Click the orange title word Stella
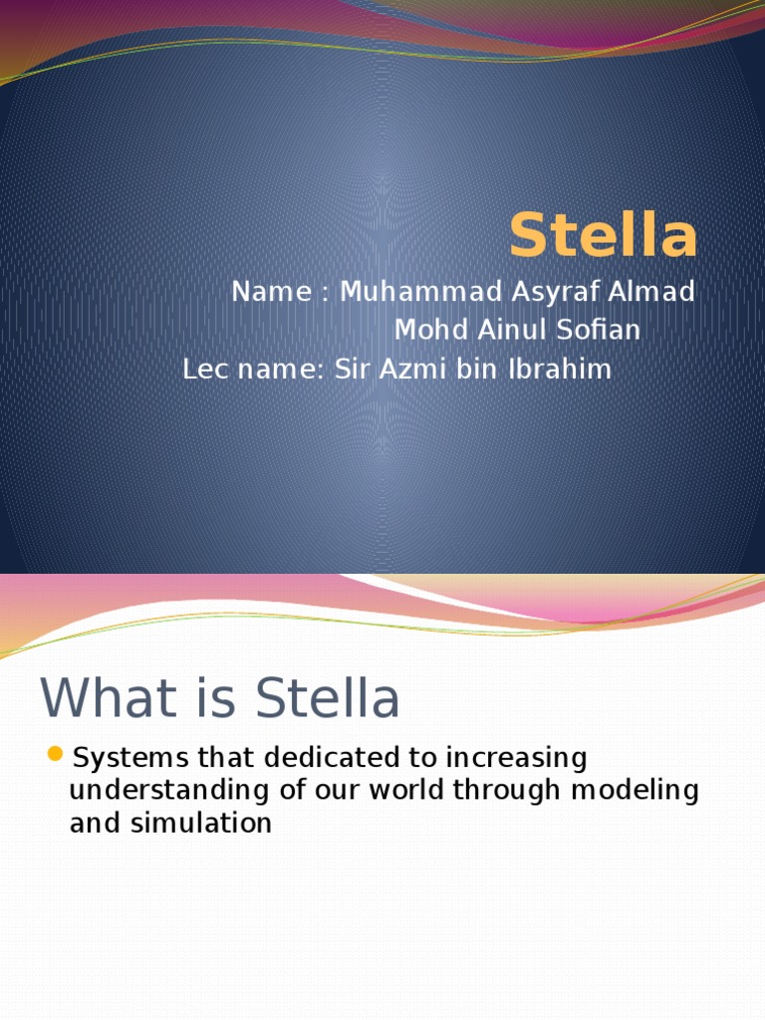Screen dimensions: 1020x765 pyautogui.click(x=603, y=237)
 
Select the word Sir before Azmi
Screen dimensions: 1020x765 pyautogui.click(x=349, y=370)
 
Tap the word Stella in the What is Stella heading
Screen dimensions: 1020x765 pyautogui.click(x=328, y=698)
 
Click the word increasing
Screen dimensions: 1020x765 pyautogui.click(x=516, y=758)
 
